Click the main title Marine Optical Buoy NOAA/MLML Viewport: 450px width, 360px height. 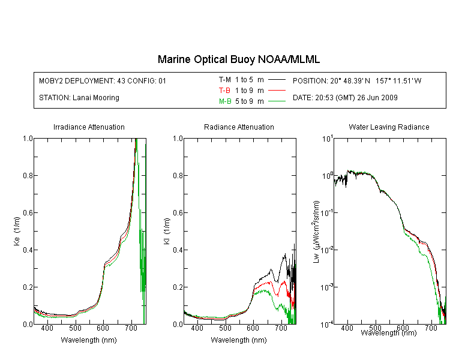click(238, 60)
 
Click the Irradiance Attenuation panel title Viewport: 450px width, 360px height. click(89, 127)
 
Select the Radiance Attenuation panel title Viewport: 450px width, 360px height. click(239, 127)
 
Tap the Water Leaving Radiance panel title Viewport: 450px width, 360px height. click(389, 127)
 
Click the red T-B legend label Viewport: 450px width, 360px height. click(224, 91)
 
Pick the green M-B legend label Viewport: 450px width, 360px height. click(225, 101)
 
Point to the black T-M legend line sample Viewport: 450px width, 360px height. click(277, 80)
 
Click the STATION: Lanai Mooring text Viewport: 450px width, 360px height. click(79, 98)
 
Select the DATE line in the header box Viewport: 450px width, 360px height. click(345, 98)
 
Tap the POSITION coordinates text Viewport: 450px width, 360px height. click(357, 81)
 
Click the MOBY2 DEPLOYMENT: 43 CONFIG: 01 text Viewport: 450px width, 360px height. click(103, 81)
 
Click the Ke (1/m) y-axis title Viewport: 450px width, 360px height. click(17, 231)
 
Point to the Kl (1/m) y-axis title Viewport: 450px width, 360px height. click(167, 231)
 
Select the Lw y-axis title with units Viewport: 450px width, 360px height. click(316, 232)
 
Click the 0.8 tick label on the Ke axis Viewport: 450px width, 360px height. click(28, 175)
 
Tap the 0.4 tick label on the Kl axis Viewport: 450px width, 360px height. click(178, 250)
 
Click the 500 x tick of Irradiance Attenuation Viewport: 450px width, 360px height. click(75, 328)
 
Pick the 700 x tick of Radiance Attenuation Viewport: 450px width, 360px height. click(281, 328)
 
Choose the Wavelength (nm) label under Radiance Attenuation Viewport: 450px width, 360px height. click(239, 340)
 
